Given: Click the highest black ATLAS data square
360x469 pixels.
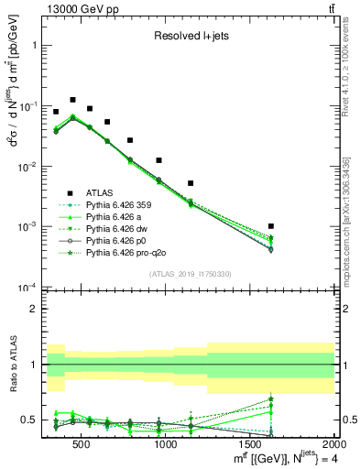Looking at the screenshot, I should pos(72,99).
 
